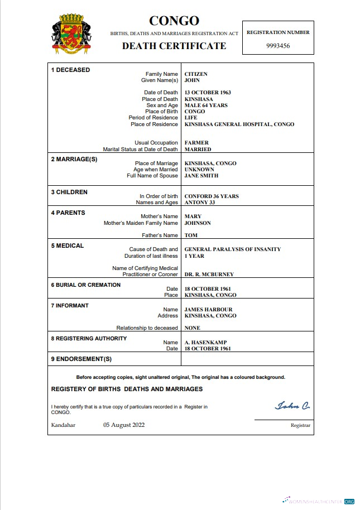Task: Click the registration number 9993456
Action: click(278, 46)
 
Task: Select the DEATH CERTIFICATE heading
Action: click(174, 46)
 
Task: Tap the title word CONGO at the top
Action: click(174, 21)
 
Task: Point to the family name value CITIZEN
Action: click(196, 74)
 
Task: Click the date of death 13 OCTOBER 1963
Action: click(208, 93)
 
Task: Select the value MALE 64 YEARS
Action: click(206, 105)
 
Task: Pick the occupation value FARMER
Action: click(196, 143)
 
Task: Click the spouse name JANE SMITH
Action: click(201, 176)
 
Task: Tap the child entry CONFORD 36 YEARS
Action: click(212, 196)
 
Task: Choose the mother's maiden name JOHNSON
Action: click(198, 223)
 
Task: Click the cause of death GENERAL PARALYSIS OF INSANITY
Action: click(233, 249)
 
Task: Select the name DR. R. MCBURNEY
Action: click(209, 275)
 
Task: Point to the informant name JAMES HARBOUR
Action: click(208, 309)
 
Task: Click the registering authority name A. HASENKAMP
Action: click(205, 342)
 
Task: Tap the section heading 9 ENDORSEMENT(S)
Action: click(81, 359)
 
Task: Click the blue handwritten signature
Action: click(292, 406)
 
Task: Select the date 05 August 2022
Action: click(124, 425)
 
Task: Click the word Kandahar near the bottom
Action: click(63, 425)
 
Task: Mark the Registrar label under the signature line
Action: click(300, 426)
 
